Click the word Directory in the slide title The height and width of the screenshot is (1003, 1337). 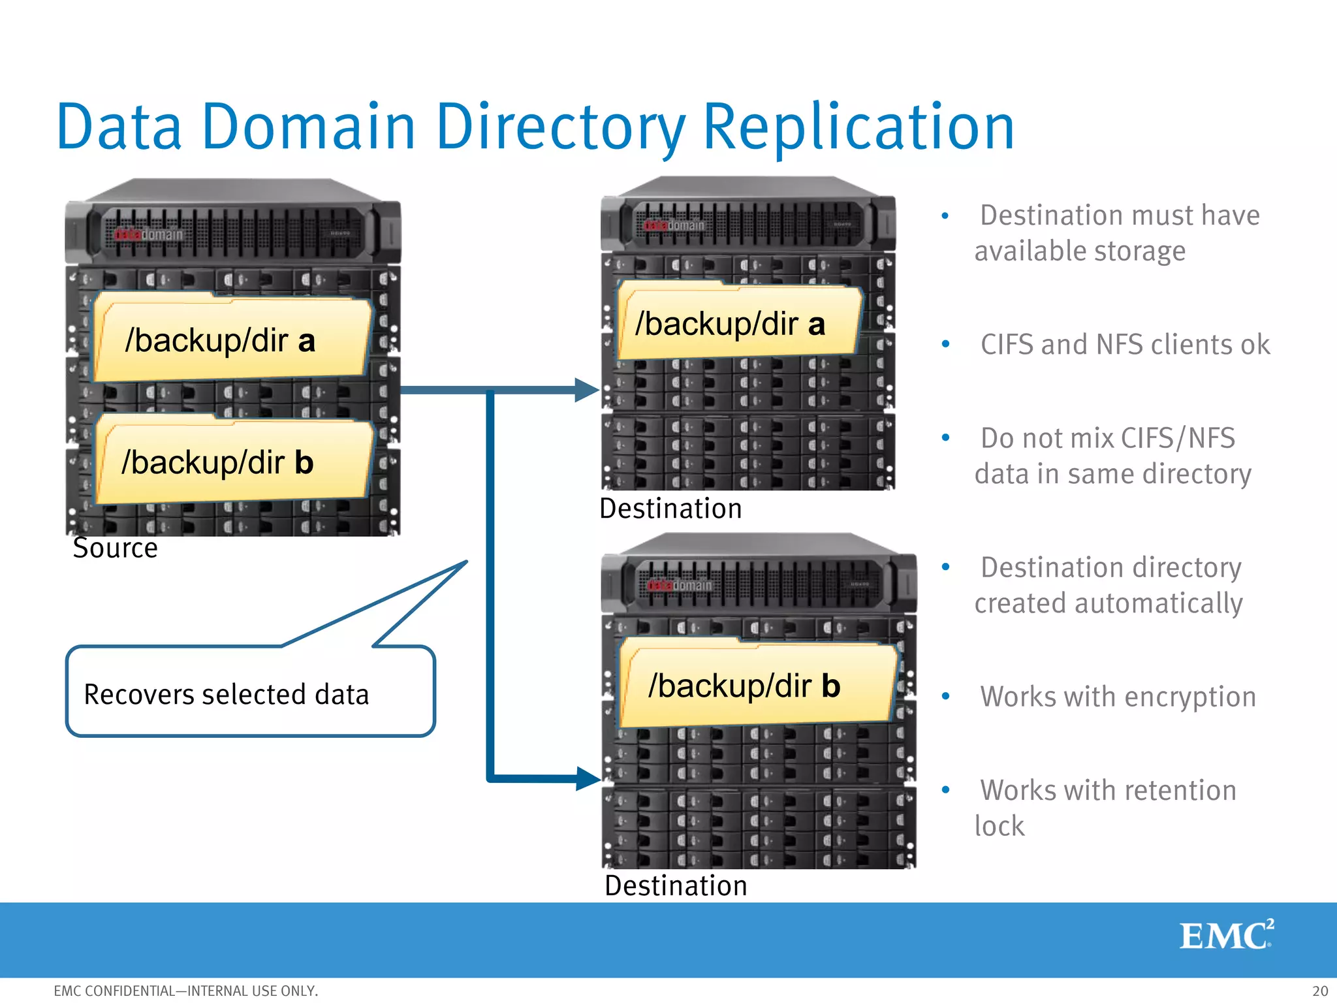[x=560, y=127]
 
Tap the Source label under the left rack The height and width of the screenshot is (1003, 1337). [x=115, y=548]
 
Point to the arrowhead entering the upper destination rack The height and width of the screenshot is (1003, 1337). [x=586, y=390]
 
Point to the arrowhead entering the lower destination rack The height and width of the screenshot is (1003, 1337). [x=587, y=778]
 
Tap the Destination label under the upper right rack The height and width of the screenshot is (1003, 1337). [x=670, y=509]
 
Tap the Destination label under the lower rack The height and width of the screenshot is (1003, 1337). [x=676, y=885]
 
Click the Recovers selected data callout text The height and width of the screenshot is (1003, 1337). [x=227, y=694]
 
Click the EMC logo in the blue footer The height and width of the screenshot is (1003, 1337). [x=1226, y=935]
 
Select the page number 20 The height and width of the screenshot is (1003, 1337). [x=1320, y=991]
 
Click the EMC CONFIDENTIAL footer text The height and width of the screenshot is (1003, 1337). [x=185, y=991]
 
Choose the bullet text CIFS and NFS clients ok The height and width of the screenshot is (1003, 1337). [x=1125, y=345]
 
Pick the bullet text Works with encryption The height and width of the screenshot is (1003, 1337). [x=1118, y=697]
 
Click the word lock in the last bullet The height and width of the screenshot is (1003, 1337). [x=999, y=826]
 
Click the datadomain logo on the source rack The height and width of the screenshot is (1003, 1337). [x=149, y=234]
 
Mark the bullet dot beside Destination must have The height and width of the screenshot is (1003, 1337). [x=945, y=215]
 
